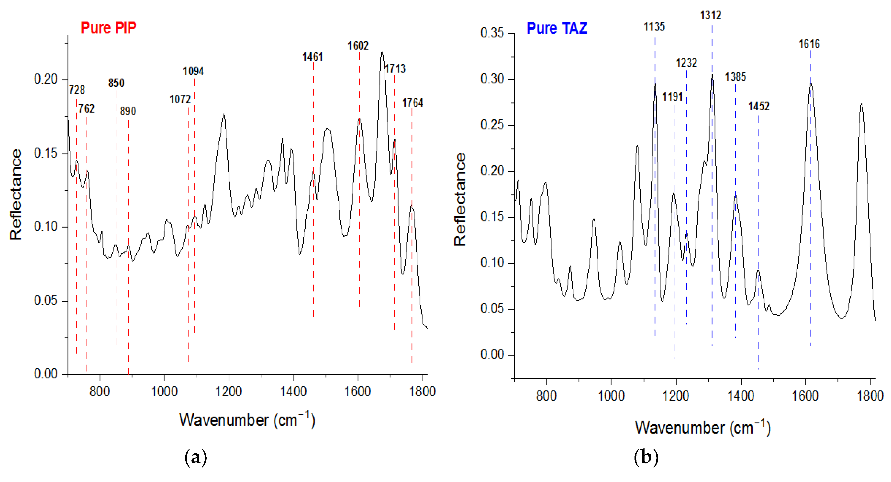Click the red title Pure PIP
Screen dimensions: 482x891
[108, 28]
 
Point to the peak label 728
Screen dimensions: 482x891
[77, 90]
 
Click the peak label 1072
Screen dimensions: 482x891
[180, 100]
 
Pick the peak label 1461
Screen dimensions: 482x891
[313, 57]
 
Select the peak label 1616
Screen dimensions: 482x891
[809, 44]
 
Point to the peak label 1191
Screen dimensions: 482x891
[672, 97]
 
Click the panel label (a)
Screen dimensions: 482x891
[196, 458]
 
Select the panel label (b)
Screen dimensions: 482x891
[646, 458]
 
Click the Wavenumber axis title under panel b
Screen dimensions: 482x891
[702, 428]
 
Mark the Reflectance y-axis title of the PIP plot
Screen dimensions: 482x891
[16, 195]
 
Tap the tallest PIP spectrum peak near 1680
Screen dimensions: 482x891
[382, 53]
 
